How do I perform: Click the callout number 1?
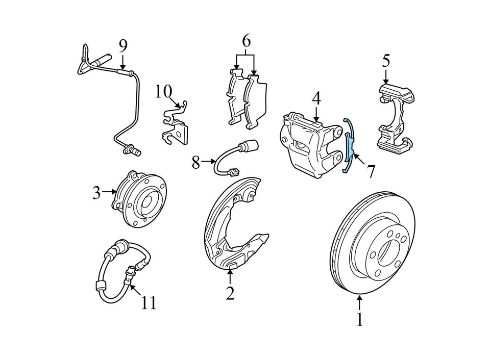coord(359,320)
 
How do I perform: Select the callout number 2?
coord(230,293)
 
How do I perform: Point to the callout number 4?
coord(316,98)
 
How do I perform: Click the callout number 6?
coord(247,41)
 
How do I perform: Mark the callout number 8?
coord(196,163)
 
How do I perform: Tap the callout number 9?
coord(122,46)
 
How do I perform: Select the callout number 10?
coord(164,92)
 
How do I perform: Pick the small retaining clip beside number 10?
coord(175,125)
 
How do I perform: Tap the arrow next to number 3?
coord(110,192)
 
